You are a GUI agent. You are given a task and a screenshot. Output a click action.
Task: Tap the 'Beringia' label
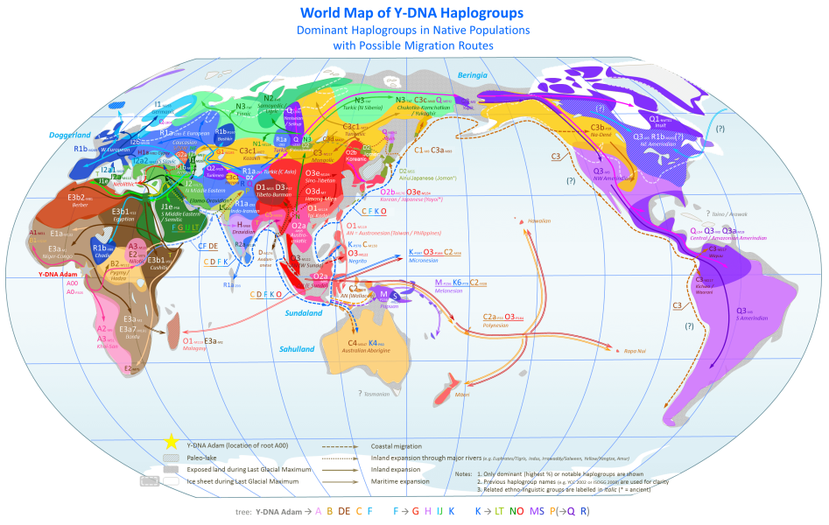click(x=472, y=76)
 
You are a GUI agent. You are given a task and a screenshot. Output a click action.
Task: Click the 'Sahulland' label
click(x=297, y=349)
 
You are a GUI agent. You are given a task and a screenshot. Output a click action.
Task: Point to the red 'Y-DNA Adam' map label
click(x=57, y=274)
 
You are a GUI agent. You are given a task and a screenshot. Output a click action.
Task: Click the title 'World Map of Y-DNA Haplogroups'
click(x=413, y=13)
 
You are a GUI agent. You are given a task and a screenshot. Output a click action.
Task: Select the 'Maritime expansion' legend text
click(x=402, y=480)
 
